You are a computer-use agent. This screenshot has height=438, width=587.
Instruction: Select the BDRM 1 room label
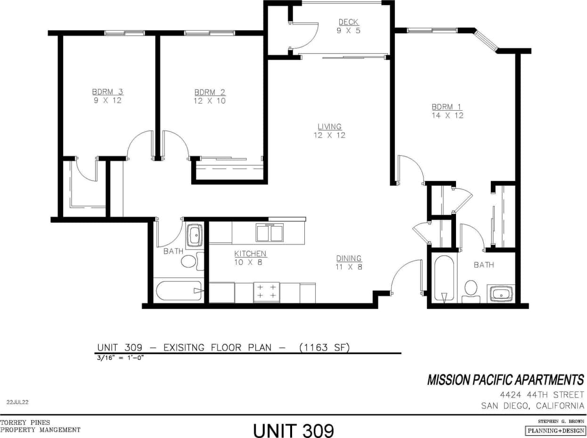[447, 107]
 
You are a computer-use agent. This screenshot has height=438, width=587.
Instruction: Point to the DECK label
[349, 22]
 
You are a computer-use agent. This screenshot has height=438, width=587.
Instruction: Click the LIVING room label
[329, 127]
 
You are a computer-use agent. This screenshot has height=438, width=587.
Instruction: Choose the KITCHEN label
[250, 254]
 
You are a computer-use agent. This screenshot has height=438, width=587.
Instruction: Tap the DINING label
[349, 259]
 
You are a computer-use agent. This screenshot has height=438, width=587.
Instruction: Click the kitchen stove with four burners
[266, 292]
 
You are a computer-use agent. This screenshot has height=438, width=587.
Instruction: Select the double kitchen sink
[269, 233]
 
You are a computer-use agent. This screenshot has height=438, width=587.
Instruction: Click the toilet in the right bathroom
[471, 291]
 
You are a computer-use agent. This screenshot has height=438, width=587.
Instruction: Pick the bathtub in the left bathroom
[178, 291]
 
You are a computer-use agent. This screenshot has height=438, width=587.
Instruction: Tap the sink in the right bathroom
[500, 293]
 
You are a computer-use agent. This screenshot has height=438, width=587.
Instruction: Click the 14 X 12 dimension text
[447, 115]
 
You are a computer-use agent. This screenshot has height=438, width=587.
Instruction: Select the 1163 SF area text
[326, 348]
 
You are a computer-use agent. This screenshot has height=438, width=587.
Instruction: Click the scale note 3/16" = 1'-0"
[120, 357]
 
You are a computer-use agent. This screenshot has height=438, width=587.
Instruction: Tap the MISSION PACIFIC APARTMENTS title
[505, 380]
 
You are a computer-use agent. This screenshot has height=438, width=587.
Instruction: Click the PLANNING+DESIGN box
[554, 430]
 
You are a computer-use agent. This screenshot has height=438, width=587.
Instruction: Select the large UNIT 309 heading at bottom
[293, 430]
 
